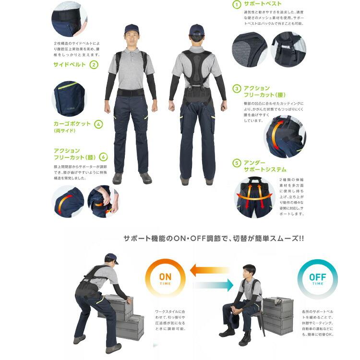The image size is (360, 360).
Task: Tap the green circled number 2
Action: click(x=94, y=64)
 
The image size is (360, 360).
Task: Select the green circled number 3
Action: click(x=237, y=88)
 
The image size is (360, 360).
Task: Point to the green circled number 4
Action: click(x=98, y=124)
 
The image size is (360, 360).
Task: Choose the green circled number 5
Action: click(x=237, y=163)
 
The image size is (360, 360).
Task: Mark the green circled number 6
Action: click(x=104, y=157)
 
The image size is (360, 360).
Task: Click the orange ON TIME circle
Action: click(x=165, y=279)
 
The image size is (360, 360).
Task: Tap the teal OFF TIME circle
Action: click(x=317, y=279)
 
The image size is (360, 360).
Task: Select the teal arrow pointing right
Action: click(x=213, y=286)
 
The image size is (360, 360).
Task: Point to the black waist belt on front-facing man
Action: click(x=132, y=91)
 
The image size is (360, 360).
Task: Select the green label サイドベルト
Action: click(x=70, y=64)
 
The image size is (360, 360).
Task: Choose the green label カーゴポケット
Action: click(x=72, y=124)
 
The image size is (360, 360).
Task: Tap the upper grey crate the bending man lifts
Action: click(x=117, y=304)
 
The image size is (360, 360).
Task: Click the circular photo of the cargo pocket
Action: click(x=69, y=98)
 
